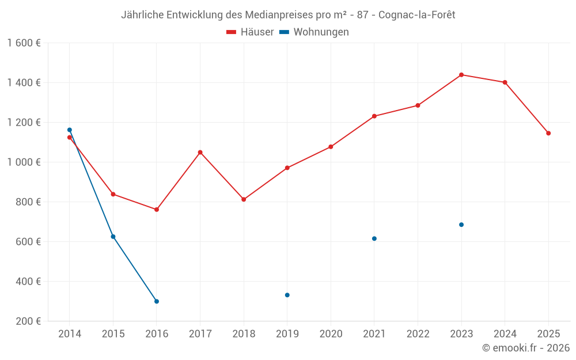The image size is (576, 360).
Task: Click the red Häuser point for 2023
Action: (461, 75)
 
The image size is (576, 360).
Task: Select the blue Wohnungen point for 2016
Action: (157, 301)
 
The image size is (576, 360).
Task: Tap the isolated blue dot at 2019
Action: (287, 295)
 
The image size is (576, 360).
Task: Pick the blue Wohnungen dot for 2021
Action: (374, 238)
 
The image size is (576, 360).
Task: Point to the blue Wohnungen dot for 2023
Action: (461, 225)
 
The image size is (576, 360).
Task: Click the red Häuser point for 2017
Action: (200, 152)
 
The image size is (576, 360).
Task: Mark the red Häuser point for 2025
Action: (548, 133)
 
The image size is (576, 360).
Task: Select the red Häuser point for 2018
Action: (244, 199)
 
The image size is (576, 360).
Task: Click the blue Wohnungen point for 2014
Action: (70, 130)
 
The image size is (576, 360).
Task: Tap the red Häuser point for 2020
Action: (331, 147)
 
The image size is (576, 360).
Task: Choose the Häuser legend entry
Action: (250, 32)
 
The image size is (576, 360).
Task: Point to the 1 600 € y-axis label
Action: (24, 43)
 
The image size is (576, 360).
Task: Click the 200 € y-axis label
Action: (28, 321)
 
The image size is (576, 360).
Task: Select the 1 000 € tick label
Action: (24, 162)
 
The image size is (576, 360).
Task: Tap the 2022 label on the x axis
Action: (418, 334)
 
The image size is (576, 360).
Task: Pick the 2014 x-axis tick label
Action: (70, 334)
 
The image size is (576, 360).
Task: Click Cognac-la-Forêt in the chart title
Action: (417, 15)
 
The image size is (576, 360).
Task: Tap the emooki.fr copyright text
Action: (526, 348)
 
